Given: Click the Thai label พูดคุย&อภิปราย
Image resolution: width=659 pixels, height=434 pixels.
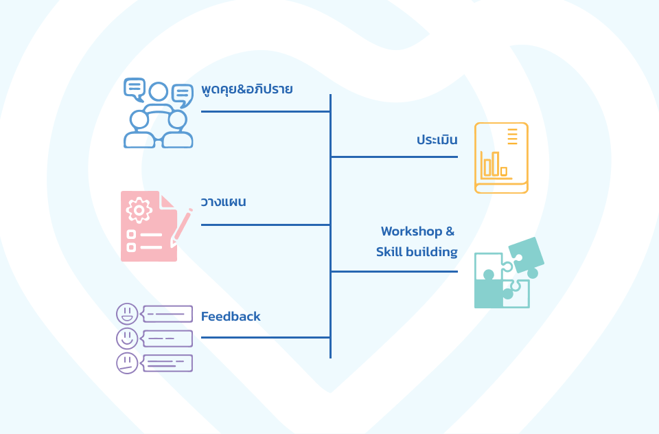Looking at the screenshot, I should point(247,90).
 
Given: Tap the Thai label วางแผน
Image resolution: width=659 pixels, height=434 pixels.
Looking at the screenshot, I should point(223,203).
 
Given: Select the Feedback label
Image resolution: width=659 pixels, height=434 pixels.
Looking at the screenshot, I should point(231,317).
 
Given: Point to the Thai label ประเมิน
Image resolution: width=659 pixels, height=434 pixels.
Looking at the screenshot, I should point(437,140).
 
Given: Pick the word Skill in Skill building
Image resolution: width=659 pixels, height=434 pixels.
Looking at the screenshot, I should point(389,252).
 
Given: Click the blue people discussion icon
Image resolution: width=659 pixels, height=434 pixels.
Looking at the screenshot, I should point(158,114).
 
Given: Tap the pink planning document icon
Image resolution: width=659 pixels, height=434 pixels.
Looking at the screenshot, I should point(150,226).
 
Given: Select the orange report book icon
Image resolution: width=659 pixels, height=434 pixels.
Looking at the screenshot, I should point(501,158).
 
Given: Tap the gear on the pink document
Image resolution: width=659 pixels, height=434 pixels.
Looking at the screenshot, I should point(139,209).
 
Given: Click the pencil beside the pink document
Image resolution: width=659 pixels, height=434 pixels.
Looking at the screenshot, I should point(181,227).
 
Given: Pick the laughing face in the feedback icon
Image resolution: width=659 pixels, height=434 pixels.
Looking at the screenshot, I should point(127,314).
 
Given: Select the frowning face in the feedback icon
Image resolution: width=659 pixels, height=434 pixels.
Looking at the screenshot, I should point(127,363).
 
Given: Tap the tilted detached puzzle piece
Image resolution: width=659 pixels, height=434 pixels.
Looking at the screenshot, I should point(526,254).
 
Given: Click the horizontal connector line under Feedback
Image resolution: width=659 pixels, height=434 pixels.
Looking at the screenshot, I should point(265,337).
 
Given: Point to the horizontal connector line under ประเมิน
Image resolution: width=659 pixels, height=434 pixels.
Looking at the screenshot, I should point(394,157).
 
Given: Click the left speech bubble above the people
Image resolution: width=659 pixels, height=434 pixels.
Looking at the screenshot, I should point(135,89).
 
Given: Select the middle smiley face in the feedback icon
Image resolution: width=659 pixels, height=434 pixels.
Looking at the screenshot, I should point(127,338).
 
